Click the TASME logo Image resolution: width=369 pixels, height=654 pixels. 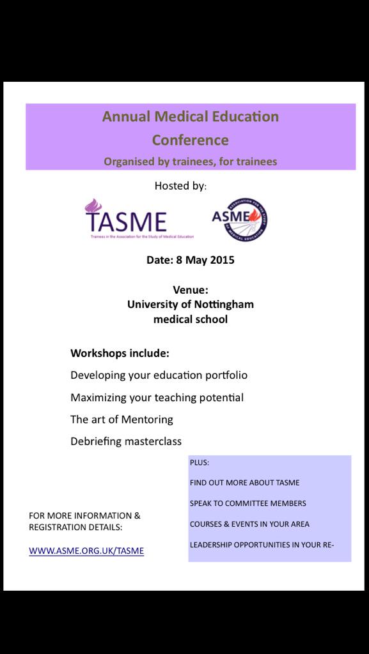click(x=125, y=218)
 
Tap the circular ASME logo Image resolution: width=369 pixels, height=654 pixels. click(x=240, y=219)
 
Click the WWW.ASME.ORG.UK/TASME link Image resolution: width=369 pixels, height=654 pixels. click(x=86, y=551)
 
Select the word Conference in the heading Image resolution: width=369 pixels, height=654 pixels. click(x=190, y=139)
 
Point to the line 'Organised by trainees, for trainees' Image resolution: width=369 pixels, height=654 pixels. click(x=191, y=162)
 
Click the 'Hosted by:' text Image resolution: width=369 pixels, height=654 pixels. click(x=181, y=186)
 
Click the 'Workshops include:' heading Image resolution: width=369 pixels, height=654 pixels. click(x=120, y=353)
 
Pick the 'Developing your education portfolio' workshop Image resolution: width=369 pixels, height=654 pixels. click(x=159, y=375)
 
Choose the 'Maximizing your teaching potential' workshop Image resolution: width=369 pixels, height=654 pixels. click(x=157, y=397)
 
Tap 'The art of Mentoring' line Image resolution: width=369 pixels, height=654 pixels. click(x=122, y=420)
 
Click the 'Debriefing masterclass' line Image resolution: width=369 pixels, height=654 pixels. click(x=126, y=441)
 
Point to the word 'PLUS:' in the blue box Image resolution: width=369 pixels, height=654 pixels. click(x=200, y=462)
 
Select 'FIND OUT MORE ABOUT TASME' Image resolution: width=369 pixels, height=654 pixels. click(x=244, y=483)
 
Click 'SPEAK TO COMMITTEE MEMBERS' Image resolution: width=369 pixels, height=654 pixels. click(x=247, y=503)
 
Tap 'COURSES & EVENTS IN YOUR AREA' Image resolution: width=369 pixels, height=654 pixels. click(x=249, y=524)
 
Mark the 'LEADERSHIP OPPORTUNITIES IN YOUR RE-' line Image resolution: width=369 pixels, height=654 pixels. click(x=262, y=545)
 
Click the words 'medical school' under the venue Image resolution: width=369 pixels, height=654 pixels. click(x=191, y=319)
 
